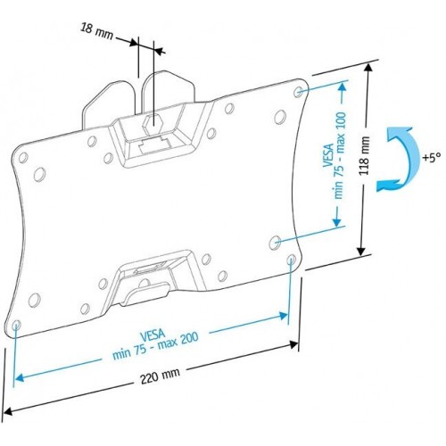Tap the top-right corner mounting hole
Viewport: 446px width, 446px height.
[x=298, y=91]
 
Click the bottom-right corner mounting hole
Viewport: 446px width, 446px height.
[x=293, y=260]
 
